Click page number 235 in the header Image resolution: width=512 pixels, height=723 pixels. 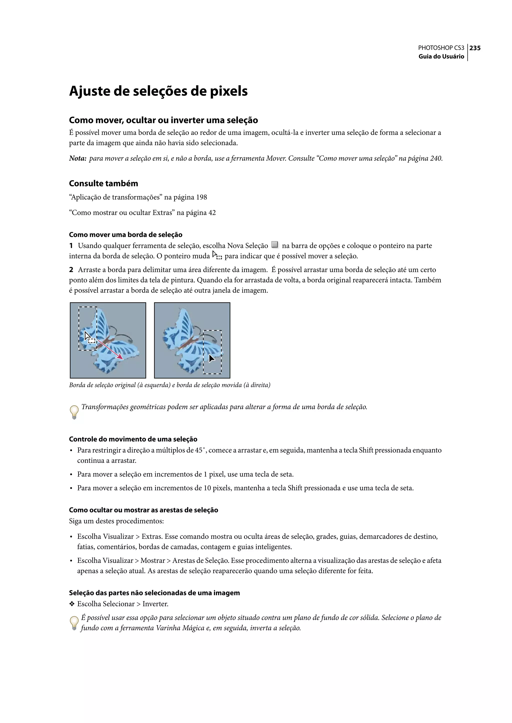pos(475,48)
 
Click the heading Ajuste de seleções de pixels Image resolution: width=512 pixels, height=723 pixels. pos(158,91)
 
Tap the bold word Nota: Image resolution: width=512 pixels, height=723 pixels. pos(77,158)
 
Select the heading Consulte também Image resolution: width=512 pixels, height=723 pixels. pos(103,183)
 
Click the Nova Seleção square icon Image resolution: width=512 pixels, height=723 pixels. pos(274,245)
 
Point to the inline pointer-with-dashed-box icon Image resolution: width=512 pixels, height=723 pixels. pos(217,255)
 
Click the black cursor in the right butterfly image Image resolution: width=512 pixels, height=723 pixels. pos(211,358)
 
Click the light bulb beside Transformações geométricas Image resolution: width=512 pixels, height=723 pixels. pos(74,412)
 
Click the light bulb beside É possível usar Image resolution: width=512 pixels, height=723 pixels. pos(74,623)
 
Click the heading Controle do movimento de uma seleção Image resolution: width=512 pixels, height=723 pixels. pos(133,439)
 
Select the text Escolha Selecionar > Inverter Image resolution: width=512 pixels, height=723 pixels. pos(123,604)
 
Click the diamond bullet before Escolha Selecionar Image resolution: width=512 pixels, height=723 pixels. pos(72,604)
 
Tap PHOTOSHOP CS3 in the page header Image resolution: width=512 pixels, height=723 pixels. pos(441,48)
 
